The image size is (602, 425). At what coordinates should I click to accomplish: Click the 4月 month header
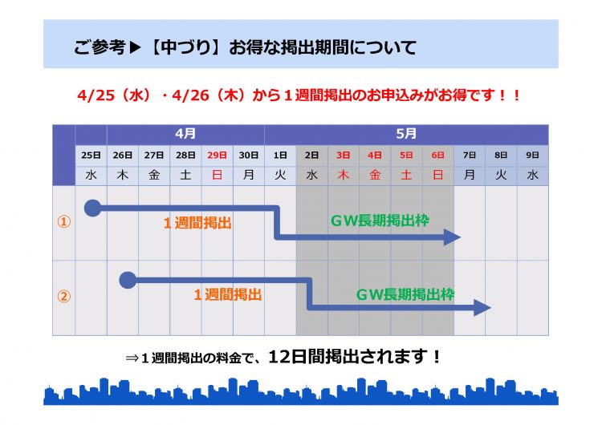click(185, 134)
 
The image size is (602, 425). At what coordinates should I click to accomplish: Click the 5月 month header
click(406, 134)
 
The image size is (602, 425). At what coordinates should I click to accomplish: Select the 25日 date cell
click(91, 156)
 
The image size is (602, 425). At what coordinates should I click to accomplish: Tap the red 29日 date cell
click(217, 156)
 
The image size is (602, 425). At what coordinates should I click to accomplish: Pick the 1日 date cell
click(280, 156)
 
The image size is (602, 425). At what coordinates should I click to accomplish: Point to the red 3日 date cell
click(344, 156)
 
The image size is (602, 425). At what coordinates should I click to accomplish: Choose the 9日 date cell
click(532, 156)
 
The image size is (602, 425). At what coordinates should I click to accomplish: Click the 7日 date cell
click(470, 156)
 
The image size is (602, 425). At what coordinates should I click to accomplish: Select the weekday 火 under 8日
click(501, 176)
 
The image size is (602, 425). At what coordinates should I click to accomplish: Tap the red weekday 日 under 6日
click(438, 176)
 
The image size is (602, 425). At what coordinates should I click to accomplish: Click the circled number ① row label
click(63, 221)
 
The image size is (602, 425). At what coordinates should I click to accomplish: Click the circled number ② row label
click(63, 296)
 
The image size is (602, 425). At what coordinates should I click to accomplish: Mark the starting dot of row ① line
click(92, 208)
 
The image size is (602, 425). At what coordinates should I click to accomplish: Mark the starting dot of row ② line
click(128, 281)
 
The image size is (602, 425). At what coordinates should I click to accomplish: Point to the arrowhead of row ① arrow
click(452, 237)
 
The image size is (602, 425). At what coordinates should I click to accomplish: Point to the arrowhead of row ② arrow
click(482, 307)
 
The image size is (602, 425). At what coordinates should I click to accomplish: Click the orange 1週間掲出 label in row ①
click(197, 223)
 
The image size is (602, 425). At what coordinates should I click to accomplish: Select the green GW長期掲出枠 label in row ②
click(405, 294)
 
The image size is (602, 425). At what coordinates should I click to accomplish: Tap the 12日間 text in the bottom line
click(296, 357)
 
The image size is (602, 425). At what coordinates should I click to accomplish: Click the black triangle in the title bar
click(135, 47)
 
